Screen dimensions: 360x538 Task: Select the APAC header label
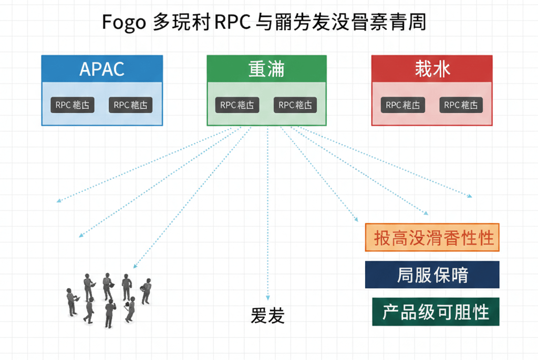pyautogui.click(x=102, y=69)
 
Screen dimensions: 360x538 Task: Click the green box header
pyautogui.click(x=266, y=69)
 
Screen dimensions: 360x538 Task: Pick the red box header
pyautogui.click(x=432, y=69)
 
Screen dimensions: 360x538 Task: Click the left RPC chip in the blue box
pyautogui.click(x=73, y=105)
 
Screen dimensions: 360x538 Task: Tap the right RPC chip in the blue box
pyautogui.click(x=131, y=105)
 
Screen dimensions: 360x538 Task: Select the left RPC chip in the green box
pyautogui.click(x=237, y=105)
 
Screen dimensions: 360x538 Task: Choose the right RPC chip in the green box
pyautogui.click(x=295, y=105)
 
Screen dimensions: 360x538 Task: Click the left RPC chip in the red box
pyautogui.click(x=402, y=105)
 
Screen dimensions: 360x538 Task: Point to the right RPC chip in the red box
pyautogui.click(x=461, y=105)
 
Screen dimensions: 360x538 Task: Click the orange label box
pyautogui.click(x=432, y=238)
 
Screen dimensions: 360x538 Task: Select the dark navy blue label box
pyautogui.click(x=432, y=275)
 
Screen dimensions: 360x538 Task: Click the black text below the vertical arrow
pyautogui.click(x=267, y=316)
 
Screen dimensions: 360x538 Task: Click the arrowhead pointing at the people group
pyautogui.click(x=134, y=267)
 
